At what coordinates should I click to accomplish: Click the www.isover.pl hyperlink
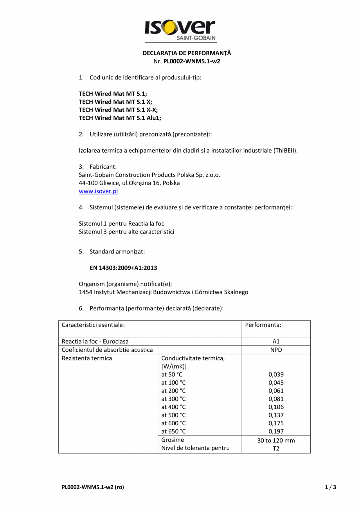pyautogui.click(x=98, y=191)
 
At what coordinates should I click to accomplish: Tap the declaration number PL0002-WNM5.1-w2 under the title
pyautogui.click(x=192, y=61)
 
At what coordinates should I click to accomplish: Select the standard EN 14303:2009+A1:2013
pyautogui.click(x=123, y=268)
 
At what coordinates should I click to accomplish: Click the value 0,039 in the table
pyautogui.click(x=276, y=374)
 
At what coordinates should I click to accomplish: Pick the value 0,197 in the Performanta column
pyautogui.click(x=276, y=432)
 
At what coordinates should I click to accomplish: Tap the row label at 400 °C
pyautogui.click(x=173, y=407)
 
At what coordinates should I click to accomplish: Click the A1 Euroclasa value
pyautogui.click(x=276, y=342)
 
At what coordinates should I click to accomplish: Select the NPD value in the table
pyautogui.click(x=276, y=350)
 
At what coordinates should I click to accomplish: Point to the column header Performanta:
pyautogui.click(x=263, y=325)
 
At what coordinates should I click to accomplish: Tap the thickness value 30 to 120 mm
pyautogui.click(x=276, y=441)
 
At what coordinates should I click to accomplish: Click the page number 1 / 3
pyautogui.click(x=330, y=487)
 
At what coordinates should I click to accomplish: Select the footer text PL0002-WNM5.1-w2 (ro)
pyautogui.click(x=93, y=487)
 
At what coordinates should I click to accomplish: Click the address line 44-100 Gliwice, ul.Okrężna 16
pyautogui.click(x=129, y=183)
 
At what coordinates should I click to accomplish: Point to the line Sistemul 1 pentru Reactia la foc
pyautogui.click(x=121, y=223)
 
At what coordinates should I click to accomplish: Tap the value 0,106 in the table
pyautogui.click(x=276, y=407)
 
